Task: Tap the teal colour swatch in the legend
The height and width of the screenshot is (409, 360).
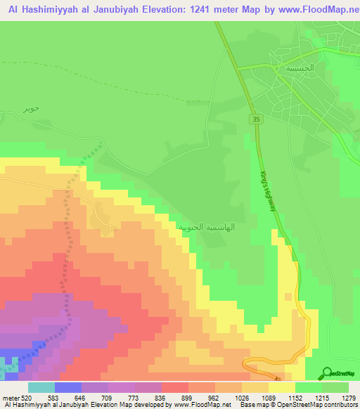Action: pyautogui.click(x=41, y=387)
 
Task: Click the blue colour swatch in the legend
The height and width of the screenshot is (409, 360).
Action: pyautogui.click(x=67, y=387)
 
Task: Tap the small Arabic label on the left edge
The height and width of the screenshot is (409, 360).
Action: pyautogui.click(x=29, y=109)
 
